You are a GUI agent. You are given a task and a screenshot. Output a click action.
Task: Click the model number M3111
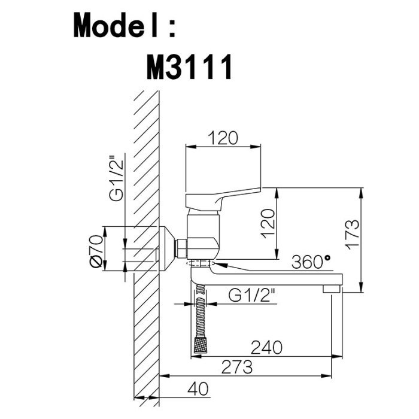(x=189, y=67)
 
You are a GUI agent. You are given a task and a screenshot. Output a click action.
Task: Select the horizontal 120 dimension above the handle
(x=223, y=138)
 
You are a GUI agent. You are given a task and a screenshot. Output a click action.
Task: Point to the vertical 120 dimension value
(x=268, y=224)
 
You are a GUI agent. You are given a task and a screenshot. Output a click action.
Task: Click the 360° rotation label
(x=311, y=262)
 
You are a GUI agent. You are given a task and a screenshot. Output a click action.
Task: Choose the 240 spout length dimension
(x=266, y=347)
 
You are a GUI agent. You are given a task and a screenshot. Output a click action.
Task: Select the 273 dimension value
(x=237, y=366)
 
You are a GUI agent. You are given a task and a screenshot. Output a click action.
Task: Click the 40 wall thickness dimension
(x=198, y=388)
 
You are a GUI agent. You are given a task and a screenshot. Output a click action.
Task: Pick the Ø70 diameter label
(x=96, y=251)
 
